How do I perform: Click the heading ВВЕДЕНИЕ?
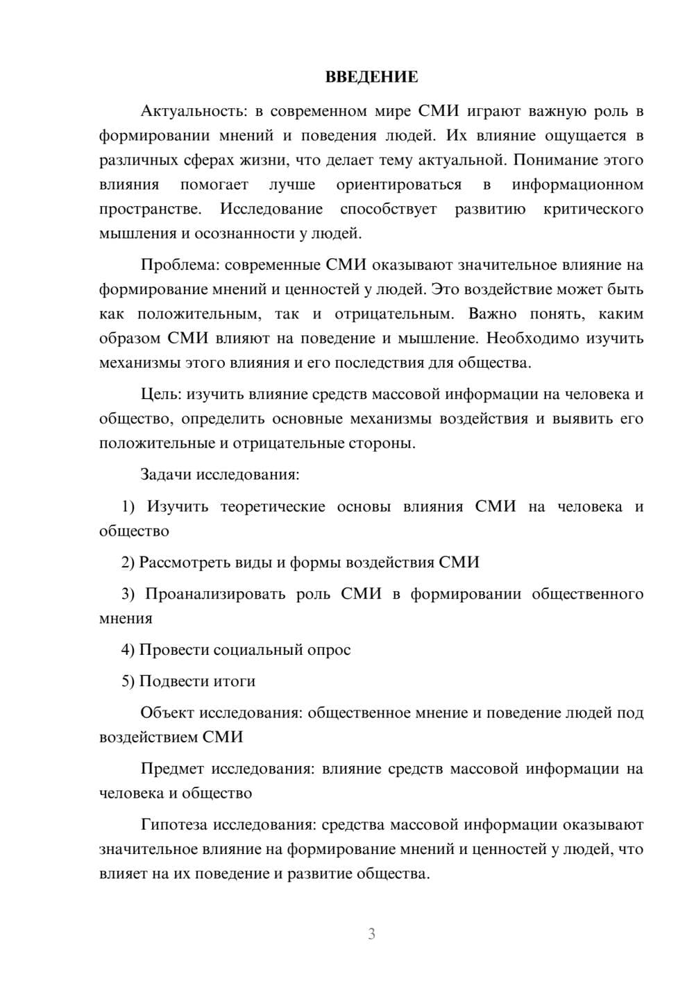(371, 77)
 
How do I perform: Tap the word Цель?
(160, 395)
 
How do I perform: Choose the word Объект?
(167, 713)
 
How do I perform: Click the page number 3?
(371, 934)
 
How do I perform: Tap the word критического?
(593, 209)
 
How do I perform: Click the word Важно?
(493, 314)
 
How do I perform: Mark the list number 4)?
(128, 650)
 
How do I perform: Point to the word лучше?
(291, 185)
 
